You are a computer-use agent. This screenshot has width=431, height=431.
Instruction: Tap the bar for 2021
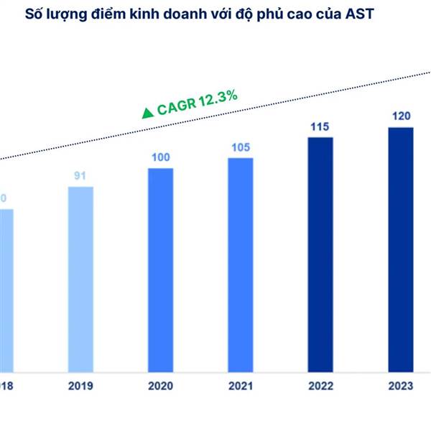click(x=241, y=262)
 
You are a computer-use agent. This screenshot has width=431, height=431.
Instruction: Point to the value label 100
click(x=161, y=157)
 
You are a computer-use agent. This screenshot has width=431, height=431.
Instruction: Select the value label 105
click(x=241, y=147)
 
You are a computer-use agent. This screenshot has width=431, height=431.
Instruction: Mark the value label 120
click(x=401, y=116)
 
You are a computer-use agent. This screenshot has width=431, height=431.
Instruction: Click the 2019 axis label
click(x=80, y=386)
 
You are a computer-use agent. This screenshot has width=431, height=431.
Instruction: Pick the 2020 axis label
click(x=161, y=386)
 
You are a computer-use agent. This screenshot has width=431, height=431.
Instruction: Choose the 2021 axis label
click(x=241, y=386)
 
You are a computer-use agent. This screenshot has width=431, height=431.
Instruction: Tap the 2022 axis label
click(x=320, y=386)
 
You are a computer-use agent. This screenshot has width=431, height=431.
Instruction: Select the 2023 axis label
click(x=401, y=386)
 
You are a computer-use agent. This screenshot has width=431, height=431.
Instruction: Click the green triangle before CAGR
click(x=147, y=113)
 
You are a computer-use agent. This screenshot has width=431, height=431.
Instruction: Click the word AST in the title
click(x=374, y=14)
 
